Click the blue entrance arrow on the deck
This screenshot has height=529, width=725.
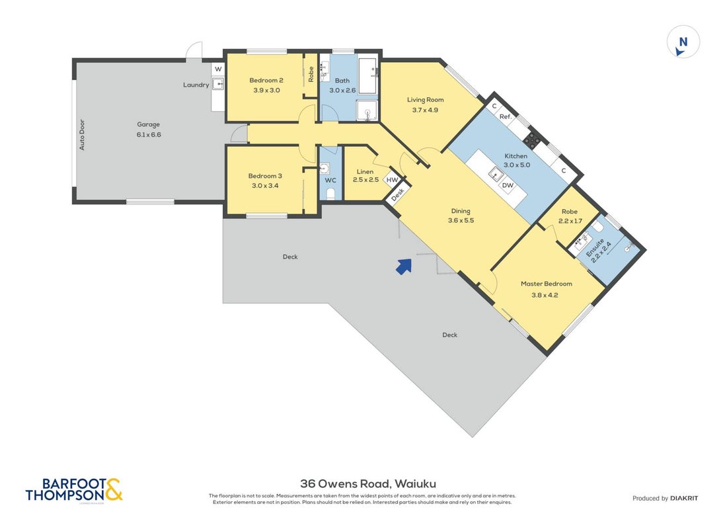point(404,266)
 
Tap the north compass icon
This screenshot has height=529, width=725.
point(683,42)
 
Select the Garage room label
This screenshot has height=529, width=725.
point(149,124)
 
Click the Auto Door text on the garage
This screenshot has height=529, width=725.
point(82,135)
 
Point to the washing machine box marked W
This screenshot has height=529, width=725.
point(218,69)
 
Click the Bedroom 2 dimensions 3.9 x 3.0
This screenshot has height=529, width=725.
point(266,90)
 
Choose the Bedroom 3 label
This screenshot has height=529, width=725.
point(265,176)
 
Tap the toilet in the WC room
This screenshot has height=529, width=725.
point(330,194)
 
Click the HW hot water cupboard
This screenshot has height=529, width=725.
point(392,180)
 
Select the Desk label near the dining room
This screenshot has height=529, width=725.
point(397,194)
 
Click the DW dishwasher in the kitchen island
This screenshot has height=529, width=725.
point(508,185)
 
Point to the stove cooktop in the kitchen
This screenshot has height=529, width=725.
point(532,140)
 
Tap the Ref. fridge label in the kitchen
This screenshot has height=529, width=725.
point(506,116)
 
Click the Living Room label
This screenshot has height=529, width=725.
point(426,99)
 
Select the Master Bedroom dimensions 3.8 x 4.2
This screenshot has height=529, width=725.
point(545,295)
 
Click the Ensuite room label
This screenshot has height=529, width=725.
point(595,247)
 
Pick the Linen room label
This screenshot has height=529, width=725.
point(365,172)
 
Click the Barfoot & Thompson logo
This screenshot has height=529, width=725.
point(74,490)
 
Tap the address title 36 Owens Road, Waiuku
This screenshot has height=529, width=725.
point(368,484)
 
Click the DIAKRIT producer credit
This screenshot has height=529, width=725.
point(684,499)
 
